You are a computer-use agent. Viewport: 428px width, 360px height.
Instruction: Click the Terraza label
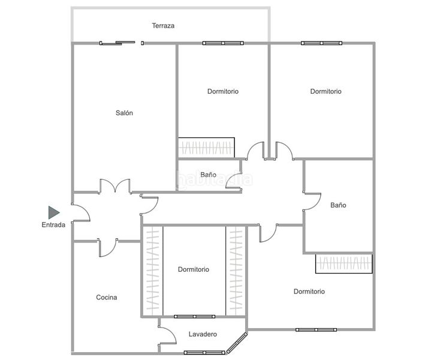coord(163,26)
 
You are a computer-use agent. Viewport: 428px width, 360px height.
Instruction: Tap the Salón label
coord(124,113)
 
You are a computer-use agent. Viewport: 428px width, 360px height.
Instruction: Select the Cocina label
coord(107,297)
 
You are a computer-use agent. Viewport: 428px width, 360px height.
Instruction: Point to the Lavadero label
coord(203,334)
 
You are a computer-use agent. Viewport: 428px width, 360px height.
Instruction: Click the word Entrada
coord(53,225)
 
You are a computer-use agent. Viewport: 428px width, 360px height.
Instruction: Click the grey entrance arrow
coord(54,212)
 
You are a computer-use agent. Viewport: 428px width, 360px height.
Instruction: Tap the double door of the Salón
coord(115,186)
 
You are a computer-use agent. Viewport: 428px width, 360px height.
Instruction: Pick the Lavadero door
coord(167,335)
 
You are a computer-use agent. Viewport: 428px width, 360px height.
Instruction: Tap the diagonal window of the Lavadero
coord(237,343)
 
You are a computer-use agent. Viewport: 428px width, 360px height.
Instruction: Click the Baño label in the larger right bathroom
coord(338,205)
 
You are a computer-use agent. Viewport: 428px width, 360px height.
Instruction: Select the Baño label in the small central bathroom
coord(208,175)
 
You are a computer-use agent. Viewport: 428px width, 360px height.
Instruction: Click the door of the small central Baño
coord(234,181)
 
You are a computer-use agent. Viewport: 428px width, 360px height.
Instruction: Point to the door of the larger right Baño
coord(312,202)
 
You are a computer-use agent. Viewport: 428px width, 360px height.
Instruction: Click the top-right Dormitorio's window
coord(321,43)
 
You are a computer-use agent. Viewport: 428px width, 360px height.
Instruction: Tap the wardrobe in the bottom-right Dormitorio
coord(344,263)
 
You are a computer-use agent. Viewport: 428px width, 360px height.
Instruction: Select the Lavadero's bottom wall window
coord(204,353)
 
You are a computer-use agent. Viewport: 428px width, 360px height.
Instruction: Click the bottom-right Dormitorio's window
coord(316,329)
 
